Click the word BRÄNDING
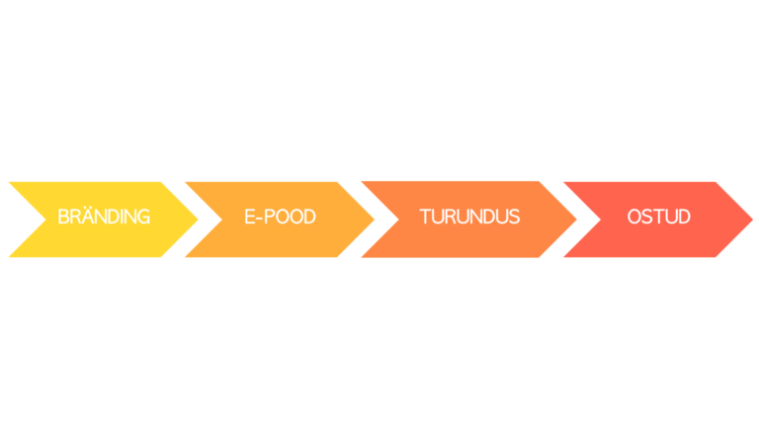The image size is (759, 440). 104,216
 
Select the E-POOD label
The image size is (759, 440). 280,217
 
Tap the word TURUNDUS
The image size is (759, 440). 469,217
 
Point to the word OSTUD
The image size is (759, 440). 659,217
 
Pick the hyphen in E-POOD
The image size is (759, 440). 261,218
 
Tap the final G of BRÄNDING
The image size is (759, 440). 142,217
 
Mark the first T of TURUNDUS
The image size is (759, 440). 426,217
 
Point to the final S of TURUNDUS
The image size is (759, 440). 514,217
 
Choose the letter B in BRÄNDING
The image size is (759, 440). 64,217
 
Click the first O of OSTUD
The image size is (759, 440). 634,217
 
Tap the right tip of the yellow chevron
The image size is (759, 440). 198,220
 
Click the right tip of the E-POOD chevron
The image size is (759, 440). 375,220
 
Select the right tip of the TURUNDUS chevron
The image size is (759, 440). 576,220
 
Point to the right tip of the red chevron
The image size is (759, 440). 753,220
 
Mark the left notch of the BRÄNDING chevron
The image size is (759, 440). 46,220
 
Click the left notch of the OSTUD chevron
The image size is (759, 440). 601,220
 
